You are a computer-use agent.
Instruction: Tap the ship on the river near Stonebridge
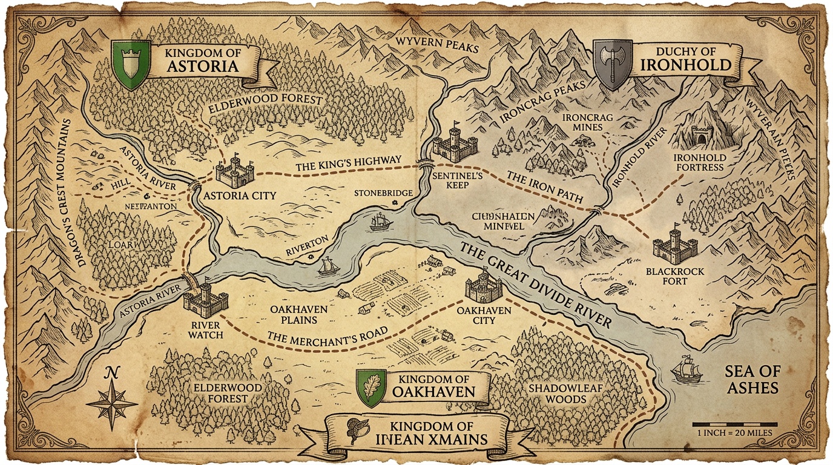pyautogui.click(x=380, y=222)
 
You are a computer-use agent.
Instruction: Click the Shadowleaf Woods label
pyautogui.click(x=557, y=394)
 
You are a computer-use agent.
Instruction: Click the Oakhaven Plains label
pyautogui.click(x=299, y=315)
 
